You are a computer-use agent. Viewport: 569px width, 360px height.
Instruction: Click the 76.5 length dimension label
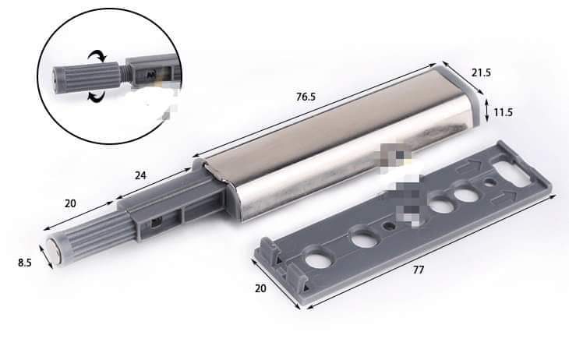coord(306,97)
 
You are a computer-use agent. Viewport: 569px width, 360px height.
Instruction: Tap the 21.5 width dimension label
coord(481,72)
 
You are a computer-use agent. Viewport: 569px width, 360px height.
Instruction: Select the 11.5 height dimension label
coord(503,112)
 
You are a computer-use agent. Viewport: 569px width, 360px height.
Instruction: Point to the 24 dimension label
coord(140,175)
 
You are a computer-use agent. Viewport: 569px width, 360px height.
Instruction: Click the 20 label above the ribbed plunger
coord(70,203)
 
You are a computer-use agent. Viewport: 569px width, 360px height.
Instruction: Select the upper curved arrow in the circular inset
coord(98,56)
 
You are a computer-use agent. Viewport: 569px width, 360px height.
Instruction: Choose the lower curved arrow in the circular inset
coord(96,97)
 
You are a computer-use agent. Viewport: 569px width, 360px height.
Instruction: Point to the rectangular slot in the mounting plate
coord(511,167)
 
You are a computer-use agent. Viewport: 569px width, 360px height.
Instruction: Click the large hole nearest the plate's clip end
coord(318,258)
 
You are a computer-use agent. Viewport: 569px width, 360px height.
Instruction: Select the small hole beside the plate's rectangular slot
coord(489,183)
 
